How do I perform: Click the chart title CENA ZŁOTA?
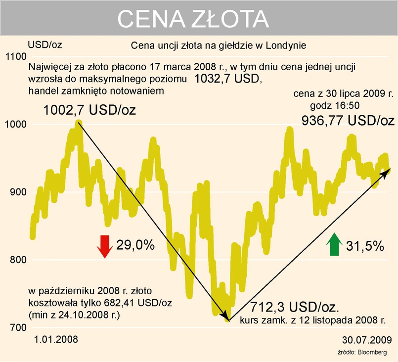click(193, 19)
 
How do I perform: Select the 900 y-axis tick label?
click(16, 192)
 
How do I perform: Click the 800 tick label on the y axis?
click(16, 260)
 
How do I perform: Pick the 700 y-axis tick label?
click(16, 327)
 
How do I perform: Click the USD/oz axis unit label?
click(45, 45)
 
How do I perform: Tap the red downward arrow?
click(104, 246)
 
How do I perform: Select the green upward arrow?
click(334, 244)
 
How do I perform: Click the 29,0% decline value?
click(135, 245)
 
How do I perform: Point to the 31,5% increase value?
click(365, 246)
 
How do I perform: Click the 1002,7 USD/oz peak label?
click(89, 110)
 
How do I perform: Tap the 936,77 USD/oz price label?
click(348, 120)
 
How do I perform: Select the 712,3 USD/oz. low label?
click(295, 307)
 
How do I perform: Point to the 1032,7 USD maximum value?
click(226, 79)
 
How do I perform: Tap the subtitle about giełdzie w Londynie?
click(220, 45)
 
